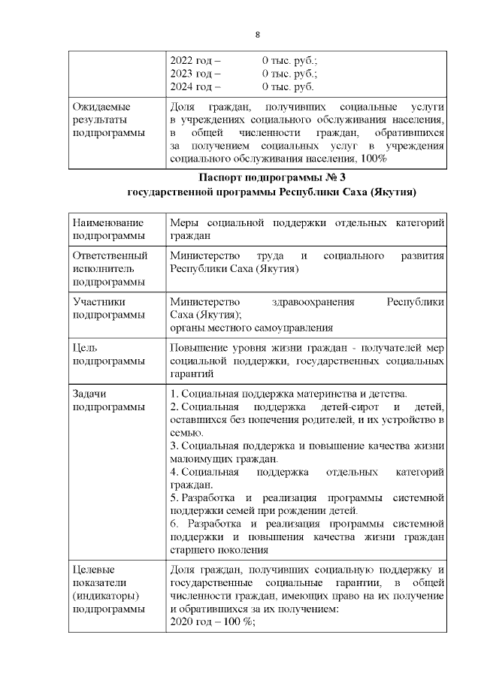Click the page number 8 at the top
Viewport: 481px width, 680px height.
tap(258, 35)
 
